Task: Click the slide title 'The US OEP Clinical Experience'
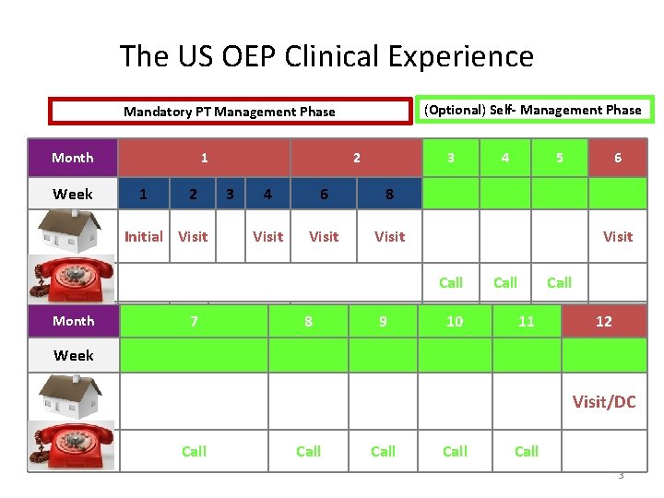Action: point(326,57)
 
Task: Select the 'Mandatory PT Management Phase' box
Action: point(230,112)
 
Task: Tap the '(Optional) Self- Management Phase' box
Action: point(531,110)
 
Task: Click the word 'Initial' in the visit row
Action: point(143,236)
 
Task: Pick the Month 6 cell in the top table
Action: point(618,158)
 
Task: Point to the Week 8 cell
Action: point(389,195)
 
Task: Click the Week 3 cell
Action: point(230,195)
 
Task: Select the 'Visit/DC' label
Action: point(603,402)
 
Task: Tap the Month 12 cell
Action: point(603,321)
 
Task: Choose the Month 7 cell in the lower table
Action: point(194,321)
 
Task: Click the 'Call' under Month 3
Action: point(450,282)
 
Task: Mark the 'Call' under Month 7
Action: point(194,451)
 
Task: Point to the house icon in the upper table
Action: point(73,231)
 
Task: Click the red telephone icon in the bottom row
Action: point(73,445)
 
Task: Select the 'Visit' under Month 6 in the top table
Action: point(617,236)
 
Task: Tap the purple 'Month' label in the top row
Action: point(73,158)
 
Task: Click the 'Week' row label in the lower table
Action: point(73,355)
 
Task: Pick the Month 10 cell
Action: point(455,321)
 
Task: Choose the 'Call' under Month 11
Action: point(526,451)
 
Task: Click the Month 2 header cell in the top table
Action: point(356,158)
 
